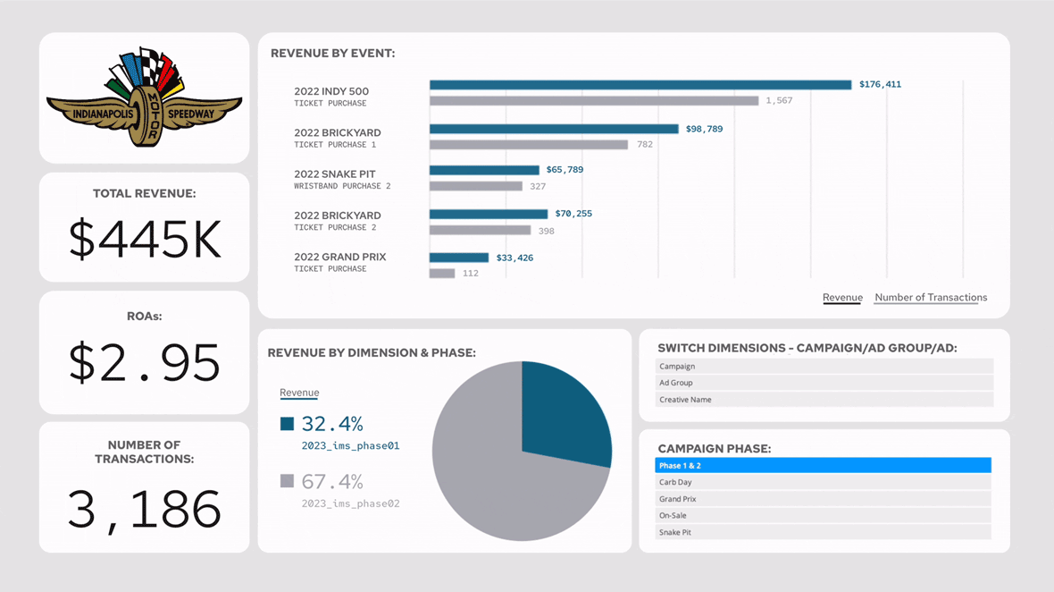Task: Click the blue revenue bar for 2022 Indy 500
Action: [640, 85]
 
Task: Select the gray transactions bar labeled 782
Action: [528, 145]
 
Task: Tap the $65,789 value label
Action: [565, 170]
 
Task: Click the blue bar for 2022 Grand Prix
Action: [458, 258]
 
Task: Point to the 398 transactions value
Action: [546, 231]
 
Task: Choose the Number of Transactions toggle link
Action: [931, 298]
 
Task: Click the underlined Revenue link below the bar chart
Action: [842, 298]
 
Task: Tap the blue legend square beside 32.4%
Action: [287, 424]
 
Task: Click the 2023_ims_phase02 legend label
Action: [350, 503]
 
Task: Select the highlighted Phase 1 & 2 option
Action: [823, 466]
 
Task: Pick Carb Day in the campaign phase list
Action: [823, 483]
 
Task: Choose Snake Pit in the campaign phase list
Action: [823, 533]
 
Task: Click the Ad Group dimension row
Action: [824, 383]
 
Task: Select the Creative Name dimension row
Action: [824, 400]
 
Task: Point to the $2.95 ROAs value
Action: [145, 362]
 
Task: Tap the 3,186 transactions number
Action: [145, 509]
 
